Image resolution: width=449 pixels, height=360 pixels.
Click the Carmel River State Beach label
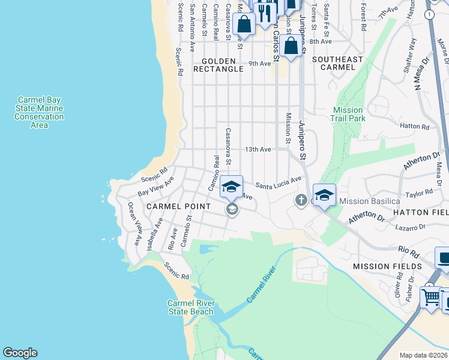(190, 307)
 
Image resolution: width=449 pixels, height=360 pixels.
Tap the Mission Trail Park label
(348, 114)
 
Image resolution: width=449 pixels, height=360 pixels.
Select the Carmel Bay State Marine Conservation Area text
(39, 112)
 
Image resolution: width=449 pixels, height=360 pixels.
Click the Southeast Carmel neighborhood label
(338, 64)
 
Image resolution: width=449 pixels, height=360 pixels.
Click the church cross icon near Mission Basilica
(301, 200)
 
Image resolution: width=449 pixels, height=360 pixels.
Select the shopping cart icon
(430, 296)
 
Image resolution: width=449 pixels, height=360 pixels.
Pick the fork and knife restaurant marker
(264, 11)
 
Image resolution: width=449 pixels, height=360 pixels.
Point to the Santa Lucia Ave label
(278, 183)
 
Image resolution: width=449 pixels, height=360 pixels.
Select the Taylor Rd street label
(419, 193)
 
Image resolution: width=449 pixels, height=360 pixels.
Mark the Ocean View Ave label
(134, 223)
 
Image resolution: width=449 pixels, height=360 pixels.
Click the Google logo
(20, 353)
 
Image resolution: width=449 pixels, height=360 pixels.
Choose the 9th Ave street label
(259, 64)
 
